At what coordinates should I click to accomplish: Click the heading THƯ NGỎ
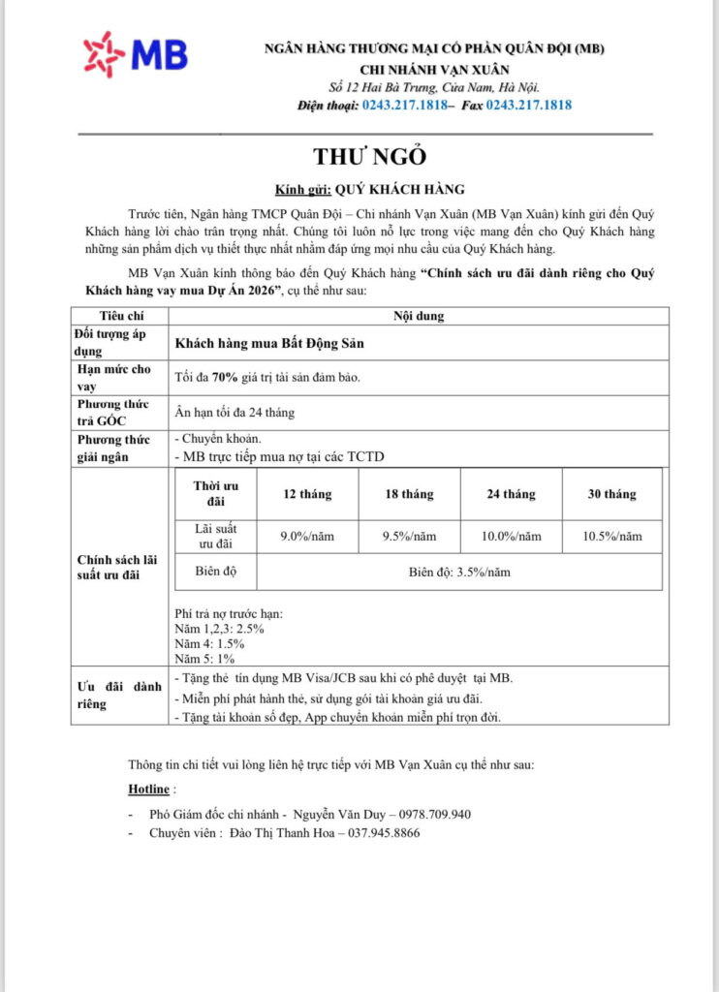(x=369, y=157)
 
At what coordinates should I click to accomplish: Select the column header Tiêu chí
(x=119, y=316)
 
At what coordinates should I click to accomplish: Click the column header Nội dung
(x=419, y=316)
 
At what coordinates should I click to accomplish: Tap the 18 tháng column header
(x=409, y=494)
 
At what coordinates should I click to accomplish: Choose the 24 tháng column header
(x=511, y=494)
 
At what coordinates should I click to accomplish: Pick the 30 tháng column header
(x=612, y=494)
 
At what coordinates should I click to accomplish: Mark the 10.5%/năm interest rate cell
(x=612, y=536)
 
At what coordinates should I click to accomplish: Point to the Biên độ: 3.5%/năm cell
(x=459, y=572)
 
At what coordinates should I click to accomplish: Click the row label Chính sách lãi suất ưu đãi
(x=119, y=568)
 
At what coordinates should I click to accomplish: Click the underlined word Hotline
(x=148, y=790)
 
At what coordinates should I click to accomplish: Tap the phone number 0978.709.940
(x=429, y=814)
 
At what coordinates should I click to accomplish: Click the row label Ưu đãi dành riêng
(x=119, y=695)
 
